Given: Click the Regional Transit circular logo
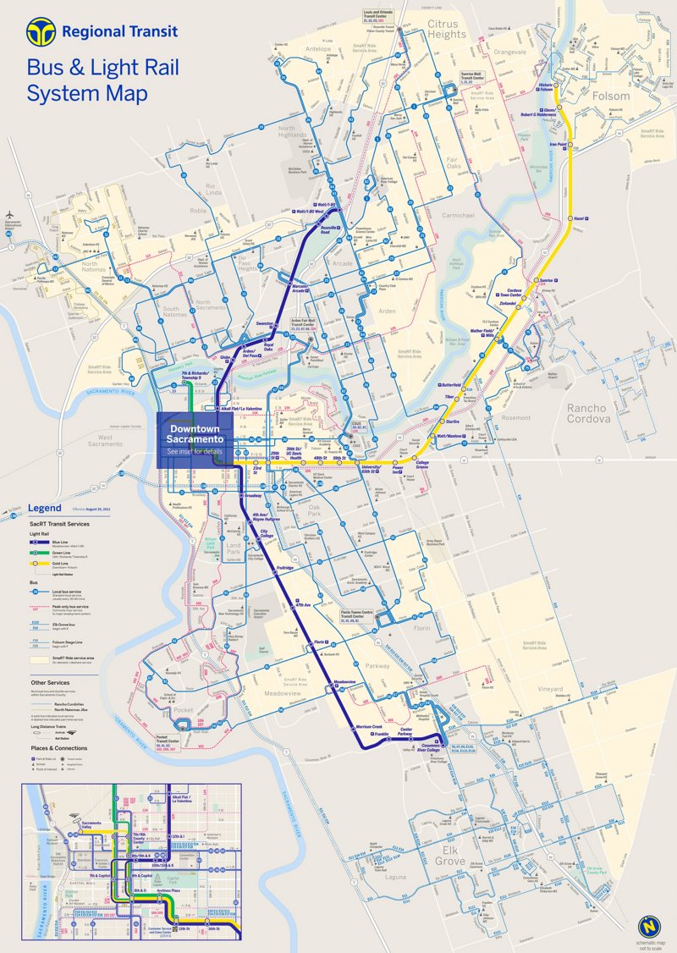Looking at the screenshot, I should tap(41, 33).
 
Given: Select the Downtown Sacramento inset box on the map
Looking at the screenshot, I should tap(195, 439).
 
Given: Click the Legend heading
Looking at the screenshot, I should tap(44, 508).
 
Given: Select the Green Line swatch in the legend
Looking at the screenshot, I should tap(39, 553).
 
